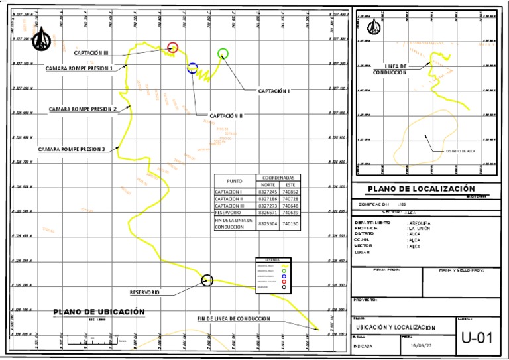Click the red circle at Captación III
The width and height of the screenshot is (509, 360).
pos(172,47)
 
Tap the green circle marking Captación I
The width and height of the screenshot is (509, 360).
pos(223,54)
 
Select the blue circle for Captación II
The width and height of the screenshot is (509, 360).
pos(192,67)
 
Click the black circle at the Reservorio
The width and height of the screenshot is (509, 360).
pos(207,280)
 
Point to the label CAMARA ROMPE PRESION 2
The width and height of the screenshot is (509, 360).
pos(83,109)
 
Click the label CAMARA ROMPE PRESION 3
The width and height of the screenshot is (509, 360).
pos(71,149)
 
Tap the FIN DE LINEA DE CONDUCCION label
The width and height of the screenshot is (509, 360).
pos(234,319)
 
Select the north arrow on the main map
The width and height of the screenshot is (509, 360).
pos(44,38)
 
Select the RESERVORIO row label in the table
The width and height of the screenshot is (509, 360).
pos(229,213)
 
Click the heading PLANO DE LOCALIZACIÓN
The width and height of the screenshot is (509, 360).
pos(412,188)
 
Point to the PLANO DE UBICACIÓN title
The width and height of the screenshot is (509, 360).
pos(99,312)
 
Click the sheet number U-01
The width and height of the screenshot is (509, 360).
pos(477,338)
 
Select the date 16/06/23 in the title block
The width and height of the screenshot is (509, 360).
pos(422,345)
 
